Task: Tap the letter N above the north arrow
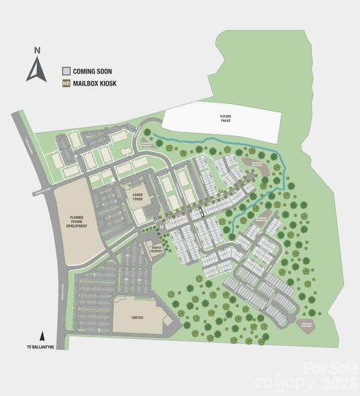pos(38,50)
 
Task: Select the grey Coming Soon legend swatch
pos(66,70)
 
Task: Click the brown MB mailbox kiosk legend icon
pos(66,84)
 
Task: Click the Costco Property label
pos(157,249)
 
